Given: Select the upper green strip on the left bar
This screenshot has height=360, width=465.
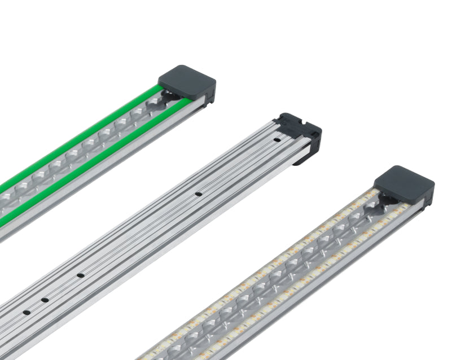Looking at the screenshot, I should click(85, 135).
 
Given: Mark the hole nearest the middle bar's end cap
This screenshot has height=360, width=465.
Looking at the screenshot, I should click(277, 139).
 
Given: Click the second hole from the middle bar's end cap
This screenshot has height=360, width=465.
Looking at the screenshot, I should click(199, 195).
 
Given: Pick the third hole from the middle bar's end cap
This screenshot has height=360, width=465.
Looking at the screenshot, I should click(81, 275).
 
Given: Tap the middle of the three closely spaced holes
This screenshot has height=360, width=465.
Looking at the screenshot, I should click(45, 299).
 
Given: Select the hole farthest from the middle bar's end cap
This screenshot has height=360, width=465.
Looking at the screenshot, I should click(26, 312).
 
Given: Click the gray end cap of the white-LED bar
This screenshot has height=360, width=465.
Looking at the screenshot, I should click(404, 183).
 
